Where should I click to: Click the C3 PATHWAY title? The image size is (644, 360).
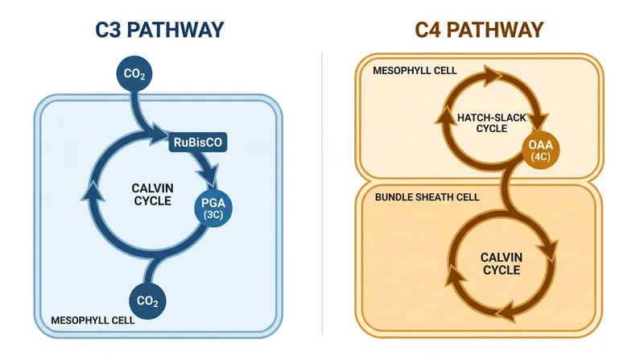pyautogui.click(x=159, y=30)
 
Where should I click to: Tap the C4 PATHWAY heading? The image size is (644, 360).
pyautogui.click(x=479, y=30)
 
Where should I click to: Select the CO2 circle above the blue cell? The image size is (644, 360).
pyautogui.click(x=134, y=73)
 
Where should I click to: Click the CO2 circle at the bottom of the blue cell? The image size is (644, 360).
pyautogui.click(x=147, y=301)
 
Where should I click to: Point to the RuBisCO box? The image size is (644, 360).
pyautogui.click(x=198, y=143)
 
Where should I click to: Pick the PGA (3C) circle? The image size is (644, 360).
pyautogui.click(x=213, y=209)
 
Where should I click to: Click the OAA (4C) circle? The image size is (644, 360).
pyautogui.click(x=540, y=150)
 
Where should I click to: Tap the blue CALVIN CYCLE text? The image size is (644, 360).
pyautogui.click(x=152, y=194)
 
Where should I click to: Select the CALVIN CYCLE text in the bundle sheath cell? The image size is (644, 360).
pyautogui.click(x=502, y=263)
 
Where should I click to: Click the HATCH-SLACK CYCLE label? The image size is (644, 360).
pyautogui.click(x=492, y=123)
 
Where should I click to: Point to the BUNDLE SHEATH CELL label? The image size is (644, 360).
pyautogui.click(x=427, y=197)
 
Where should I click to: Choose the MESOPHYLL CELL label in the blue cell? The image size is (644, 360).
pyautogui.click(x=93, y=321)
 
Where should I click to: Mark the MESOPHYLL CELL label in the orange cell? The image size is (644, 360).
pyautogui.click(x=415, y=71)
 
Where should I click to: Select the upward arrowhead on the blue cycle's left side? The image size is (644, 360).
pyautogui.click(x=93, y=192)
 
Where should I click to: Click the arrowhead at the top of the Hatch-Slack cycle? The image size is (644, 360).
pyautogui.click(x=491, y=76)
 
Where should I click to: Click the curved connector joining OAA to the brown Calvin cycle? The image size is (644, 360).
pyautogui.click(x=510, y=188)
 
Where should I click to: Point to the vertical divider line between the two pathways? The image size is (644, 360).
pyautogui.click(x=322, y=194)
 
